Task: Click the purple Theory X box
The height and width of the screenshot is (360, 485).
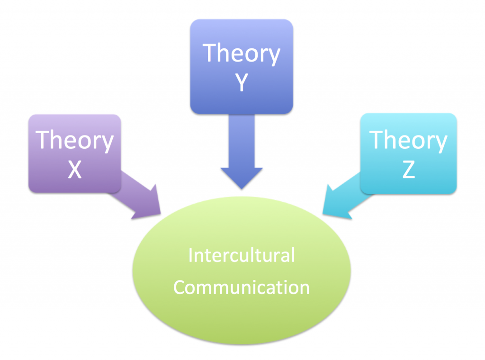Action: [x=74, y=154]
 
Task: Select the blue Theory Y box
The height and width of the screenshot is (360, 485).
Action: [x=242, y=66]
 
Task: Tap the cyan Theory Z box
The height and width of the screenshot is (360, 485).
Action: [x=408, y=153]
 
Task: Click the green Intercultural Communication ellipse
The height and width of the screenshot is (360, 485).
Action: [x=242, y=270]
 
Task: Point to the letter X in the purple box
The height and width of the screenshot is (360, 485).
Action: [x=74, y=170]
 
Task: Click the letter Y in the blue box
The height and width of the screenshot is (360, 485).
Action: [x=242, y=82]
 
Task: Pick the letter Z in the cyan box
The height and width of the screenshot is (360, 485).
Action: [x=409, y=170]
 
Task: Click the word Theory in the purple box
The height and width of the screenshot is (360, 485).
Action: [x=74, y=141]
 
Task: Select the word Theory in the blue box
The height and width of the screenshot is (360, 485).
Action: [x=242, y=54]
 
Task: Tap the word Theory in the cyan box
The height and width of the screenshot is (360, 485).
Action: [x=408, y=141]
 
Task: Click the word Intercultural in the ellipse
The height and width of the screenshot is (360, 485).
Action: [x=242, y=255]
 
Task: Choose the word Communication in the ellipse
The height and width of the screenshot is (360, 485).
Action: [x=242, y=288]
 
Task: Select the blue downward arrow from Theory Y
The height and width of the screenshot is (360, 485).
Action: [x=242, y=152]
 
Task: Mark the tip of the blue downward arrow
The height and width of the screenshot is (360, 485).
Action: [x=242, y=189]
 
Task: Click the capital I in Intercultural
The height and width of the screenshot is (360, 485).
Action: [x=190, y=255]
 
